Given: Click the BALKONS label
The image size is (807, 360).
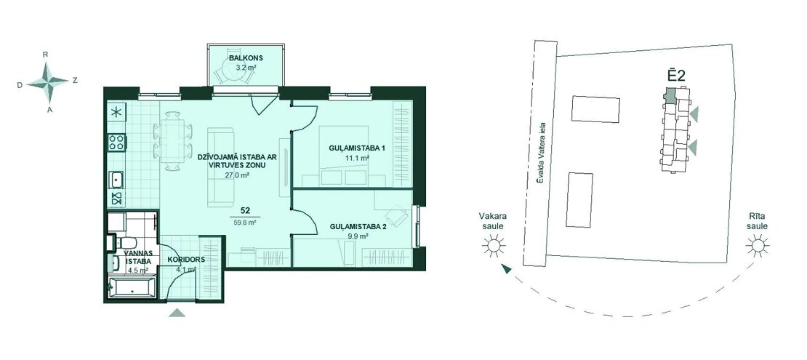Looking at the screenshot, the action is [x=241, y=57].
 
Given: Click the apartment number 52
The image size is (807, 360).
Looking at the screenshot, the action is [x=246, y=210].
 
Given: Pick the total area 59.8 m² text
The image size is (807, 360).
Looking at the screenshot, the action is [x=246, y=223].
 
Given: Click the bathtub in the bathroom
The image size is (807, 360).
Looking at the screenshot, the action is [x=132, y=287].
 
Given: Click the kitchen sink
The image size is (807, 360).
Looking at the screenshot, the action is [x=117, y=179].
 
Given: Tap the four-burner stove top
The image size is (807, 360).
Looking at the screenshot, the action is [x=117, y=142].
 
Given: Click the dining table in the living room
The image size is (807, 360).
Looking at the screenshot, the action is [x=172, y=140].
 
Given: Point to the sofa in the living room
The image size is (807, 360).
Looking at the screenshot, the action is [x=220, y=167].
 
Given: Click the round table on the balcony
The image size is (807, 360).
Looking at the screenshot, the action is [x=234, y=70].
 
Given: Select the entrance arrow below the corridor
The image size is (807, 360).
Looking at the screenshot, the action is [x=177, y=312].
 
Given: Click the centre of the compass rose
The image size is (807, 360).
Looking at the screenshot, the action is [x=48, y=81].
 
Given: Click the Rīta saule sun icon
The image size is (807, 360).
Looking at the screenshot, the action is [x=758, y=245].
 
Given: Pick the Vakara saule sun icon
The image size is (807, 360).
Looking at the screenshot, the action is [x=494, y=245].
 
